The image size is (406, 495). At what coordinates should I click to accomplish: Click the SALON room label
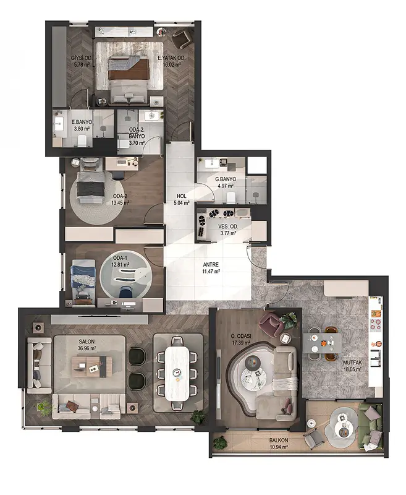[87, 342]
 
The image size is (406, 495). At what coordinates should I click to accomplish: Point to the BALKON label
[279, 440]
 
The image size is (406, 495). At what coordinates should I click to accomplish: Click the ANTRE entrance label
[211, 265]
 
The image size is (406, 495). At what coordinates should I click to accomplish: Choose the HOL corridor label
[181, 196]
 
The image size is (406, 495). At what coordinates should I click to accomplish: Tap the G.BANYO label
[226, 179]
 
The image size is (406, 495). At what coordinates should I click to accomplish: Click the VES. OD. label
[228, 226]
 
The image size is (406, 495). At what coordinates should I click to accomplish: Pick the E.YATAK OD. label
[171, 58]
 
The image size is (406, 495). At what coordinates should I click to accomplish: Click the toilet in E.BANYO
[82, 140]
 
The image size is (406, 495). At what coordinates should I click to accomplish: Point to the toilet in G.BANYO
[230, 197]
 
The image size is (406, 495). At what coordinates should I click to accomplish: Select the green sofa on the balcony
[371, 428]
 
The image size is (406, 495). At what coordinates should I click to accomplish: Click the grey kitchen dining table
[323, 343]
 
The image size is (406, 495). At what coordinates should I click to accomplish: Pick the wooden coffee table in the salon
[90, 366]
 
